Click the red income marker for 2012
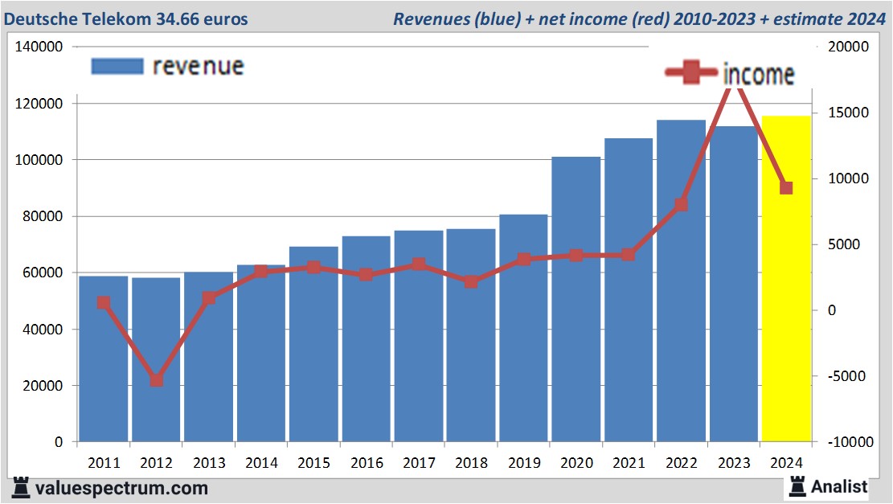[156, 380]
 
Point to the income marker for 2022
[681, 204]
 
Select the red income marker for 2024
[786, 188]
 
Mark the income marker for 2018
[471, 282]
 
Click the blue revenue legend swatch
[117, 66]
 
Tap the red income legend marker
[690, 74]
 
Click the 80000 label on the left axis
[43, 217]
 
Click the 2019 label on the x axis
[523, 463]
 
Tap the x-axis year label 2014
[261, 463]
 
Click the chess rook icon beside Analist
[797, 486]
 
